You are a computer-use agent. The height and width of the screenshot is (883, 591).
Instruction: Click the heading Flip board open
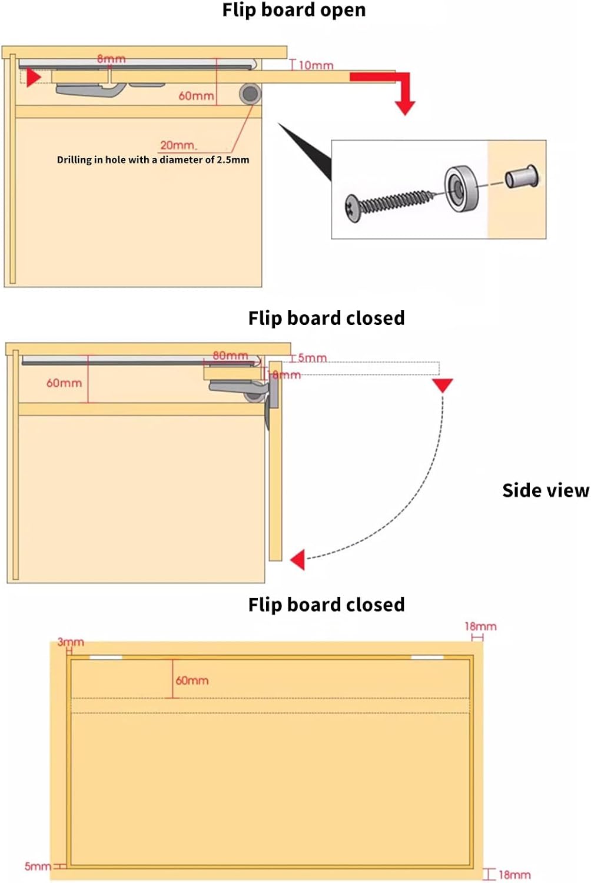[294, 10]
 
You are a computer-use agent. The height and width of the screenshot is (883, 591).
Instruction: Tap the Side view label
[545, 490]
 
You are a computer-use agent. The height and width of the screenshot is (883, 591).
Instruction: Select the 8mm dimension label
[111, 59]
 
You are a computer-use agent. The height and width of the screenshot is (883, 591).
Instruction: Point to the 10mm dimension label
[316, 65]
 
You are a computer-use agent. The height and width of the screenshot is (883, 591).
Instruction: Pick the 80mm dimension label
[230, 356]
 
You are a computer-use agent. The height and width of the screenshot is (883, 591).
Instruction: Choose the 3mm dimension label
[71, 642]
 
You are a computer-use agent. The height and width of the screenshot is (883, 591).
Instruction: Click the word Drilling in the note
[74, 160]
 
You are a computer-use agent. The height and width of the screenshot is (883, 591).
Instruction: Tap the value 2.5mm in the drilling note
[233, 160]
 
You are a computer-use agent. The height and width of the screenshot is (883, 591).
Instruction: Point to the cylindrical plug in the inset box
[522, 177]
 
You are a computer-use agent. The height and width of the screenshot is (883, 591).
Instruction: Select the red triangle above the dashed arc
[442, 385]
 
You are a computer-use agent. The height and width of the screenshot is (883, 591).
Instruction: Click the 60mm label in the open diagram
[196, 95]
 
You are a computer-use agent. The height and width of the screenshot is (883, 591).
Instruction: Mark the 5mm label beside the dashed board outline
[312, 358]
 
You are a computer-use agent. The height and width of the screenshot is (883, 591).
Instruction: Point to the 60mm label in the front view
[192, 680]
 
